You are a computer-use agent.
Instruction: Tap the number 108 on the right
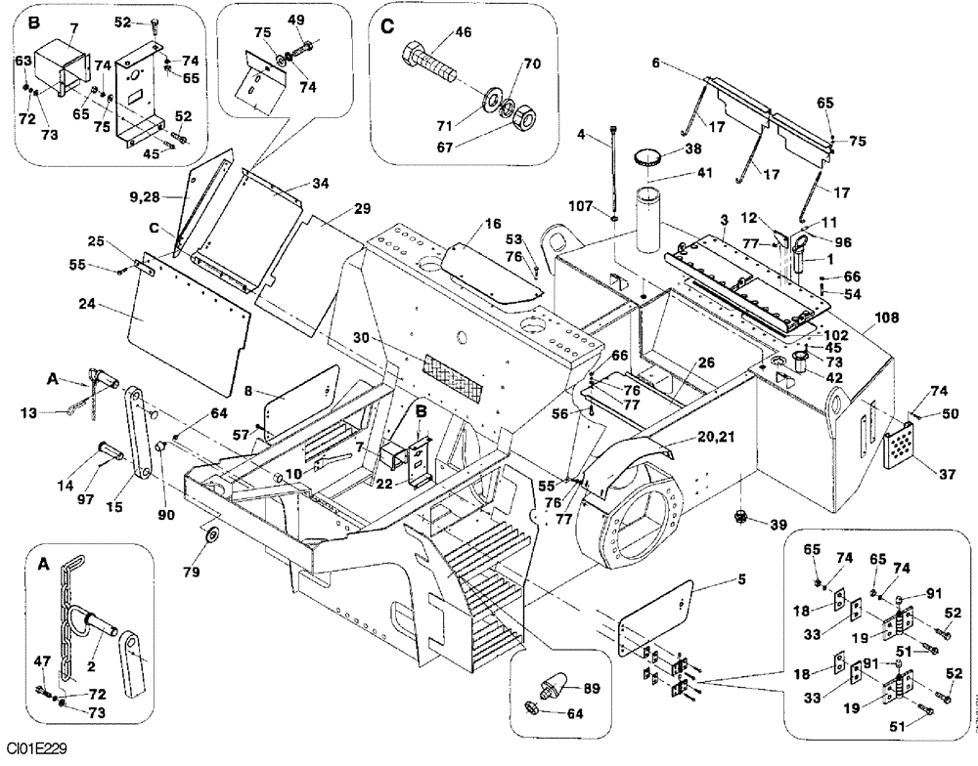[886, 319]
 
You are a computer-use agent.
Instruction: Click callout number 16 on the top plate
[466, 224]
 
